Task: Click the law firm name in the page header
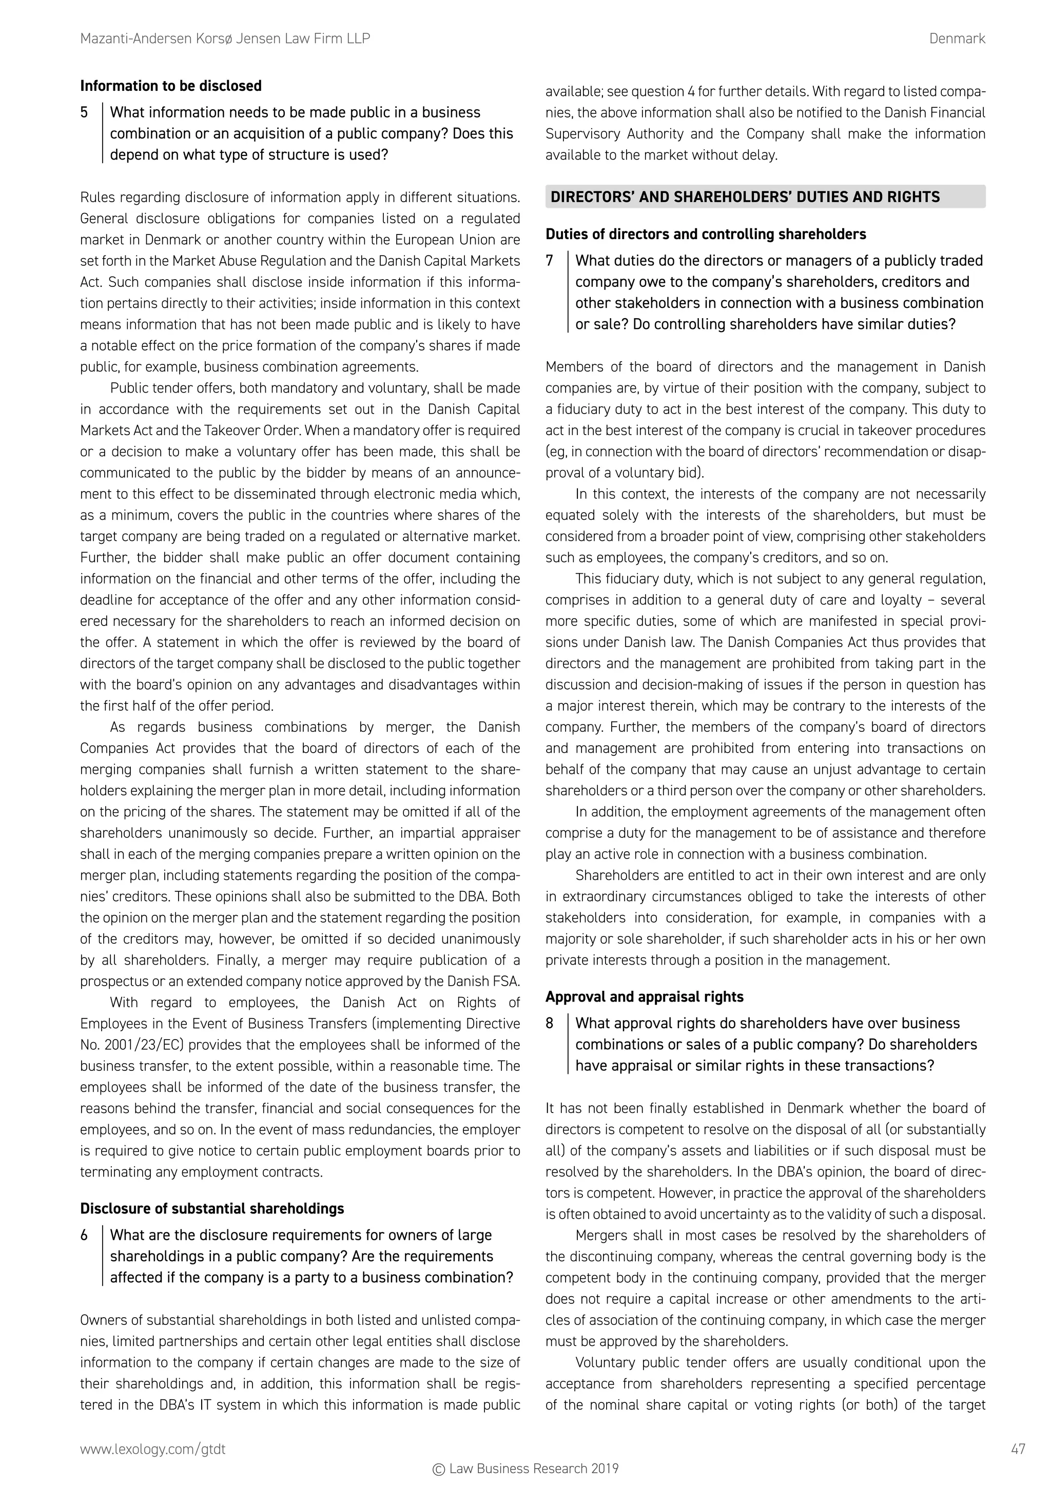[225, 39]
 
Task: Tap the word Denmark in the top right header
[957, 39]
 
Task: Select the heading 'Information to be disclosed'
[171, 86]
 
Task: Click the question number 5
[84, 112]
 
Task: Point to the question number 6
[84, 1235]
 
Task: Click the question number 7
[550, 261]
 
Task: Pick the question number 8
[550, 1023]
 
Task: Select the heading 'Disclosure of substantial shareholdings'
[211, 1208]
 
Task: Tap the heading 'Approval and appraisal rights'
[644, 996]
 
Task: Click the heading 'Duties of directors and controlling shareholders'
[706, 234]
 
